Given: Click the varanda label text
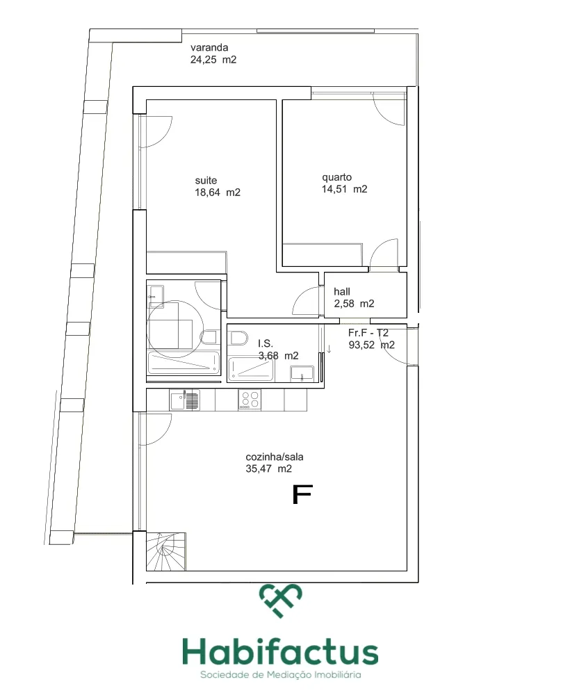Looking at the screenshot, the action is (209, 47).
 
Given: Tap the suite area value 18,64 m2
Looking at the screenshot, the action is (218, 193).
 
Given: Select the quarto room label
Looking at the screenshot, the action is (337, 177).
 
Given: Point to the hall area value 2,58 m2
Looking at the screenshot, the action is (354, 304).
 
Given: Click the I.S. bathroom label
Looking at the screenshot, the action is (266, 343).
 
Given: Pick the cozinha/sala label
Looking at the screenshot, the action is (275, 457).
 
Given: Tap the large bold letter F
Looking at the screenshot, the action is (302, 494).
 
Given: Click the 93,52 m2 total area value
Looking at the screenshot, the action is (372, 345).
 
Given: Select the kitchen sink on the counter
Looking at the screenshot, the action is (185, 400).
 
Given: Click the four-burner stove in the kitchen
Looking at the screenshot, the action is (250, 400).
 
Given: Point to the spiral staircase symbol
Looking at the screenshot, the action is (165, 552).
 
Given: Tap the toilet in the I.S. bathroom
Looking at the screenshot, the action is (238, 338).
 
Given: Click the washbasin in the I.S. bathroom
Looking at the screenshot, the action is (302, 374).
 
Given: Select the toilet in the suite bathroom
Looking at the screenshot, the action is (209, 337).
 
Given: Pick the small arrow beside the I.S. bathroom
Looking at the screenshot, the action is (329, 350).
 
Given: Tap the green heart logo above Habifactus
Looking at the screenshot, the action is (281, 601).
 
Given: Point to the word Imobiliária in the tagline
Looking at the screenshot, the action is (337, 675).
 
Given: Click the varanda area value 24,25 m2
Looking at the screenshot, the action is (213, 60).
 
